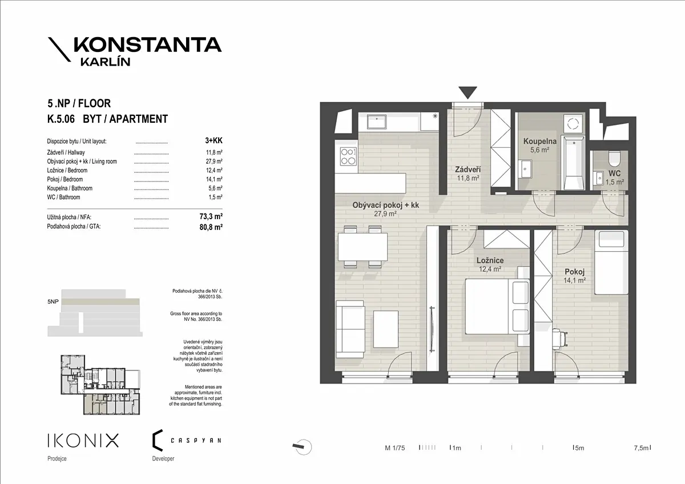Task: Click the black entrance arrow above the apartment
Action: pyautogui.click(x=468, y=92)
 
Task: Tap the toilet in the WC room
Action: pyautogui.click(x=614, y=158)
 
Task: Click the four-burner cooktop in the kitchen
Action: pyautogui.click(x=348, y=156)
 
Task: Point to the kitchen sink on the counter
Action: pyautogui.click(x=377, y=122)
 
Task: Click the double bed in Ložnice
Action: pyautogui.click(x=497, y=306)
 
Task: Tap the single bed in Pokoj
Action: pyautogui.click(x=611, y=263)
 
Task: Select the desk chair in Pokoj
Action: pyautogui.click(x=560, y=338)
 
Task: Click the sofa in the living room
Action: pyautogui.click(x=350, y=329)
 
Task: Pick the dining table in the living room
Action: pyautogui.click(x=362, y=247)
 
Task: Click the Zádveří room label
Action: pyautogui.click(x=468, y=170)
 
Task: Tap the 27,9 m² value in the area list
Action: pyautogui.click(x=214, y=162)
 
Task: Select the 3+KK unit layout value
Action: pyautogui.click(x=213, y=140)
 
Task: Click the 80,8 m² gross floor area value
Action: pyautogui.click(x=211, y=227)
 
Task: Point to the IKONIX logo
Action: pyautogui.click(x=83, y=440)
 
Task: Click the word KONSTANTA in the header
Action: pyautogui.click(x=148, y=45)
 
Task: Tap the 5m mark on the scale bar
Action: pyautogui.click(x=578, y=448)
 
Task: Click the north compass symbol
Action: pyautogui.click(x=302, y=447)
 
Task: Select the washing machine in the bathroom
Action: pyautogui.click(x=573, y=124)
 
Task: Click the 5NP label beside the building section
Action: pyautogui.click(x=53, y=302)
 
